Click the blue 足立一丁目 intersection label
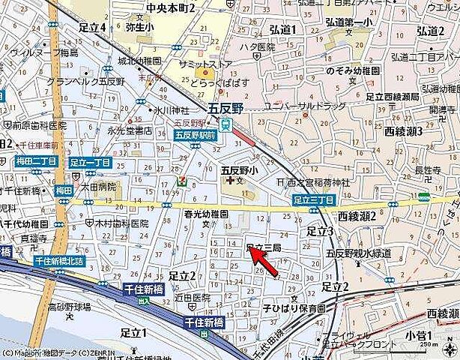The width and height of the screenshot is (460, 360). (x=90, y=162)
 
